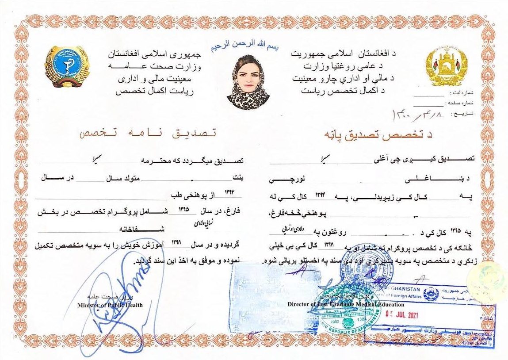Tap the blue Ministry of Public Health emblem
[x=66, y=66]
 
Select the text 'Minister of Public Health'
[x=110, y=305]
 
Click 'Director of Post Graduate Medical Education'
[x=346, y=304]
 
